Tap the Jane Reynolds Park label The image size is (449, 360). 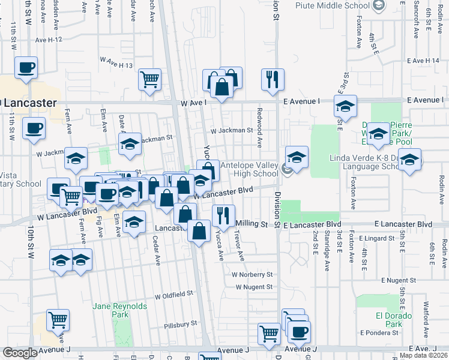pos(120,310)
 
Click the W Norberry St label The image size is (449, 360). pos(252,274)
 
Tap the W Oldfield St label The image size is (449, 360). pos(173,295)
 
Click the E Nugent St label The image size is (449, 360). pos(399,280)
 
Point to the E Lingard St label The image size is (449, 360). pos(376,238)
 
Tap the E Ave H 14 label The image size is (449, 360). pos(423,61)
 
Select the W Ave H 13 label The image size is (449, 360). pos(116,61)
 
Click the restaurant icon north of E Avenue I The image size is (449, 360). pos(273,79)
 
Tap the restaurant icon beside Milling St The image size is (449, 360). pos(223,215)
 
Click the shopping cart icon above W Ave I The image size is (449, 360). pos(150,79)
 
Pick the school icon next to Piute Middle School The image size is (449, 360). pos(379,6)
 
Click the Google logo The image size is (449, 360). pos(19,353)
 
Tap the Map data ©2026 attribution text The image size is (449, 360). pos(423,355)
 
